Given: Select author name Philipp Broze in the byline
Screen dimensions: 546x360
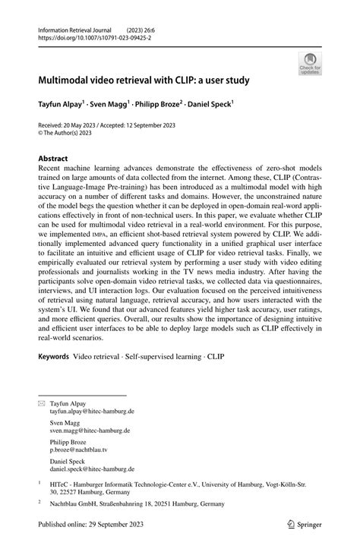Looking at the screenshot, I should pos(175,103).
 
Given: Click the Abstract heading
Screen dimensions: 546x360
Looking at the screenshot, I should pos(57,159).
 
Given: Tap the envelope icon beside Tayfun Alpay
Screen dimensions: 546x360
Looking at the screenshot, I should pos(42,403).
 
